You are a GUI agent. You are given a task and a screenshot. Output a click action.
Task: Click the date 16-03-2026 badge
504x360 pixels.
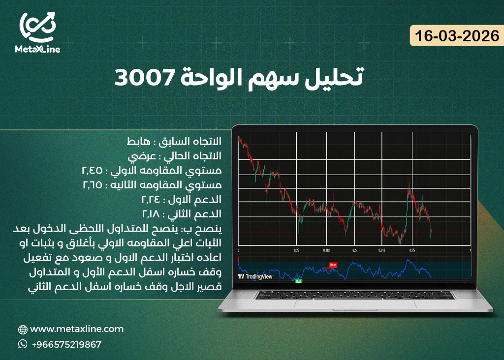click(457, 37)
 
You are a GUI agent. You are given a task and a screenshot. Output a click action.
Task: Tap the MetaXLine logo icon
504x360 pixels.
click(38, 27)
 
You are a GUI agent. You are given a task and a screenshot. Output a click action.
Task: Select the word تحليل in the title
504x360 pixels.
click(335, 78)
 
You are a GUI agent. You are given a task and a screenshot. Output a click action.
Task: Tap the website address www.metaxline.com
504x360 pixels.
click(77, 329)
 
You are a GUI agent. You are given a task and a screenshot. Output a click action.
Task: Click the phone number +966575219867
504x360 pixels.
click(66, 344)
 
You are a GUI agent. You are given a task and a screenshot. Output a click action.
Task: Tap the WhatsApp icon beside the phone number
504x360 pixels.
click(23, 344)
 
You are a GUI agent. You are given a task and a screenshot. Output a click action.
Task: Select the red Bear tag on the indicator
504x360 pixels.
click(333, 265)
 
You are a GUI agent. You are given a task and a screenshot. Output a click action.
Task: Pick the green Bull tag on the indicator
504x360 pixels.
click(298, 281)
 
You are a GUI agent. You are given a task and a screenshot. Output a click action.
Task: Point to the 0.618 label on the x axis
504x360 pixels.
click(382, 250)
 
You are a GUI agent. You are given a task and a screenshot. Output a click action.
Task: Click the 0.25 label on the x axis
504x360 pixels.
click(296, 250)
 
